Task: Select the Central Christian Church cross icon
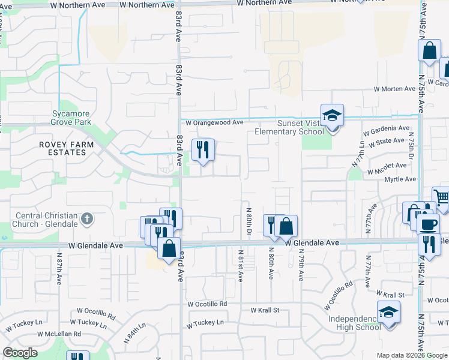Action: pos(87,218)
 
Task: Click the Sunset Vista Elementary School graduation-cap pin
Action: pos(331,115)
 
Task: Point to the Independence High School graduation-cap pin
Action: pos(388,313)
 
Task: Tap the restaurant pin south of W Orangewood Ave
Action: pos(203,149)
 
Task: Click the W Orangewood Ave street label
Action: pos(214,122)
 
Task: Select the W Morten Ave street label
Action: pos(394,89)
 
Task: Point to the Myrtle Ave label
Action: pos(400,179)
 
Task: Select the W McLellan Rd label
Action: pos(59,334)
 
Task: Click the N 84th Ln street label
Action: pos(134,334)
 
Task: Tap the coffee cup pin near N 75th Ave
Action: pos(427,224)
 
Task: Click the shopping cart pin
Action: pos(441,197)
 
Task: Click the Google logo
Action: pos(20,353)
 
